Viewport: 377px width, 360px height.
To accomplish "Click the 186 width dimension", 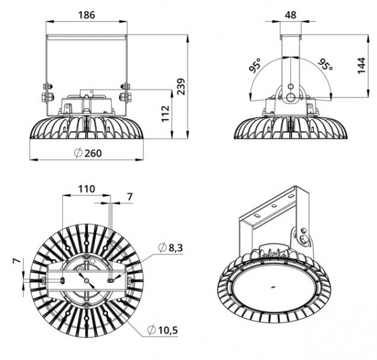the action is [x=87, y=15].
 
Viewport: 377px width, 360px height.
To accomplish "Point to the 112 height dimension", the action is [x=165, y=114].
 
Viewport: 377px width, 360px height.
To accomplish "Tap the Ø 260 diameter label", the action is [x=88, y=153].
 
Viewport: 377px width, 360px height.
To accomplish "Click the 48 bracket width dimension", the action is [x=290, y=15].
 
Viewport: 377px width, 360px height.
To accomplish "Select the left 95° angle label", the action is [x=255, y=65].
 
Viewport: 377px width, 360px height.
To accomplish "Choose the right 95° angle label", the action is [x=325, y=64].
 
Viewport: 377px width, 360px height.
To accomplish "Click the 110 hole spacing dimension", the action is [x=87, y=188].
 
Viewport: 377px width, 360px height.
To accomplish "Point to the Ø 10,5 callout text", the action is [x=163, y=330].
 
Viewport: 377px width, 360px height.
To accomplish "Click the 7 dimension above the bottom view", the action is [x=130, y=197].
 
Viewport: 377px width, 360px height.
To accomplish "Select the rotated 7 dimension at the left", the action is [x=16, y=261].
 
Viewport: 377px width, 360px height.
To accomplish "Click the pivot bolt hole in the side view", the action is [x=291, y=97].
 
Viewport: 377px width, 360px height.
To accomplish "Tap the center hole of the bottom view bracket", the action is [x=86, y=280].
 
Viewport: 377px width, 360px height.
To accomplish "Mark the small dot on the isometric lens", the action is [x=273, y=287].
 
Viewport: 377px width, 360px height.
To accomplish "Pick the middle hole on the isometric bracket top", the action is [x=273, y=205].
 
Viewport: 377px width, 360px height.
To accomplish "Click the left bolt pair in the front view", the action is [x=48, y=92].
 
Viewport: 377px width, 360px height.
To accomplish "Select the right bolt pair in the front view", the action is [x=125, y=92].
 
